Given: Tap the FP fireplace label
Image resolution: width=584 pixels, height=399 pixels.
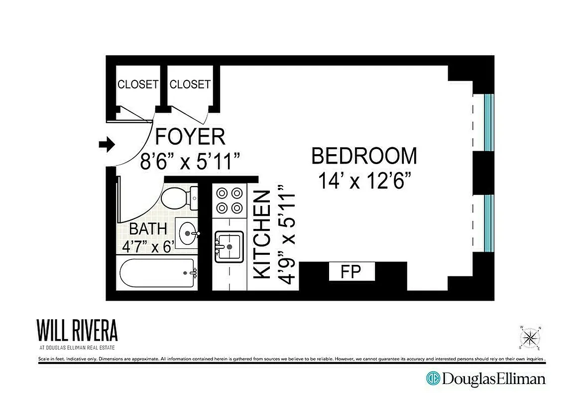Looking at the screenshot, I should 350,272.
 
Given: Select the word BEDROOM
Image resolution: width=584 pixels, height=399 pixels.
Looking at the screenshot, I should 364,156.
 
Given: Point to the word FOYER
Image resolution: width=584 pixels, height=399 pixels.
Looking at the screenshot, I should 190,137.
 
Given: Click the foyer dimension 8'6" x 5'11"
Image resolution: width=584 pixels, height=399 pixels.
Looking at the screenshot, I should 190,162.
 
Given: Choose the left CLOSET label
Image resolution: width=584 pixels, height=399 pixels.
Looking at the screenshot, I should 137,84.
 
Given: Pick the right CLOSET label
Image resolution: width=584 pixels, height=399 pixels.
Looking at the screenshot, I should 190,84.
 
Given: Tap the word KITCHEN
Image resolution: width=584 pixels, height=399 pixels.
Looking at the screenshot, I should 263,234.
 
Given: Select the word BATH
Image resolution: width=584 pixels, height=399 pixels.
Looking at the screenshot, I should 148,229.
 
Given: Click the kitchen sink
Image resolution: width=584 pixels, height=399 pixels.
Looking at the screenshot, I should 229,246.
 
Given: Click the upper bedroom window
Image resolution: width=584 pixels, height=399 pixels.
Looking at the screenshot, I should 488,122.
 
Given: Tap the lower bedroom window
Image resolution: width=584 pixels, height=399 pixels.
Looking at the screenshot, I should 488,223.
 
